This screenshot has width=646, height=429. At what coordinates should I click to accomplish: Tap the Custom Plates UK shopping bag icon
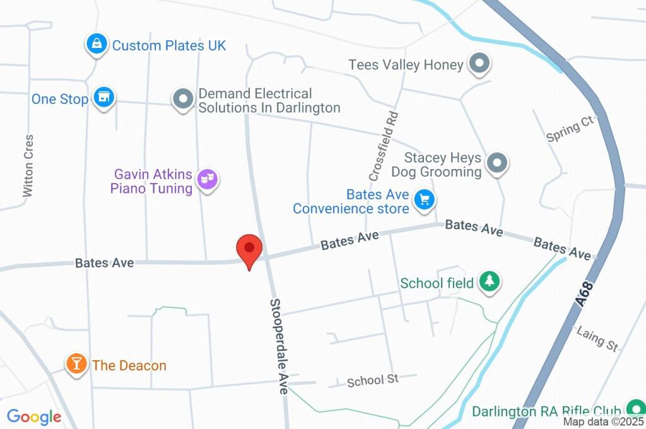click(96, 44)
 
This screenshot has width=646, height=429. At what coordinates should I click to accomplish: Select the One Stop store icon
click(103, 97)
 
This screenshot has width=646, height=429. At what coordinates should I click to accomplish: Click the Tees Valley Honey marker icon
click(479, 64)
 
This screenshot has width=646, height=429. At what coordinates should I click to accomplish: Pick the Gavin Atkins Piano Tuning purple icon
click(207, 180)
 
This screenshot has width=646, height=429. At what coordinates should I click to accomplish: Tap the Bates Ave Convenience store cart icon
click(425, 200)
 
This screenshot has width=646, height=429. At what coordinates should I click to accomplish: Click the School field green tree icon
click(489, 281)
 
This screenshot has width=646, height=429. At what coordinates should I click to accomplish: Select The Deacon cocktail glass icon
click(77, 363)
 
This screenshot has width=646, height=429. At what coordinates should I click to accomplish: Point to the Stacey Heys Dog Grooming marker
click(497, 163)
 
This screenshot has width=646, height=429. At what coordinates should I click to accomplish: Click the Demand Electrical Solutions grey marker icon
click(183, 99)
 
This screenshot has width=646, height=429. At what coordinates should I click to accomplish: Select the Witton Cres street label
click(28, 165)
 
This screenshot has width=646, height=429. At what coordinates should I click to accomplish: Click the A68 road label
click(585, 295)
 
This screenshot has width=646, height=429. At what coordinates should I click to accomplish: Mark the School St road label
click(373, 380)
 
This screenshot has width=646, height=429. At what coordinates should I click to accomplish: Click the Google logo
click(34, 416)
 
